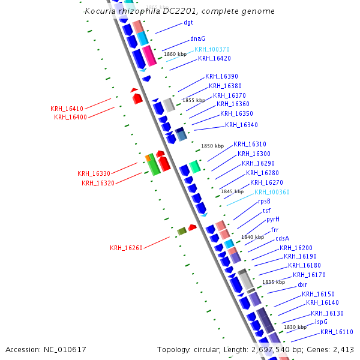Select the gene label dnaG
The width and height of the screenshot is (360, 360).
coord(197,38)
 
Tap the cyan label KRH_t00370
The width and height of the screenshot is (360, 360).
coord(212,49)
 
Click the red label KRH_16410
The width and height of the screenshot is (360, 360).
coord(67,109)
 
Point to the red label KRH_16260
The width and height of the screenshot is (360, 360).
coord(126,248)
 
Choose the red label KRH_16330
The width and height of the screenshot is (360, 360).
coord(94,173)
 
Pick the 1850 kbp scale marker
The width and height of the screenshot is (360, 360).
coord(212,146)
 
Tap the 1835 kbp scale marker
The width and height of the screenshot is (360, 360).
coord(274,282)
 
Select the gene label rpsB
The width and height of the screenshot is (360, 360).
coord(264,202)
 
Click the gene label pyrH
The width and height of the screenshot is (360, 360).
coord(273,220)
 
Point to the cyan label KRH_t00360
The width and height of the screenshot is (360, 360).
coord(272,192)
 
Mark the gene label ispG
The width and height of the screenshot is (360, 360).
coord(321,322)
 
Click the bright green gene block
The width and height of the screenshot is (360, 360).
coord(154,164)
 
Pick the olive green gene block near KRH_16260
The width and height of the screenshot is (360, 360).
coord(182,231)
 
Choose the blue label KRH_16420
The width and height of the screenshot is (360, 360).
coord(214,59)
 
